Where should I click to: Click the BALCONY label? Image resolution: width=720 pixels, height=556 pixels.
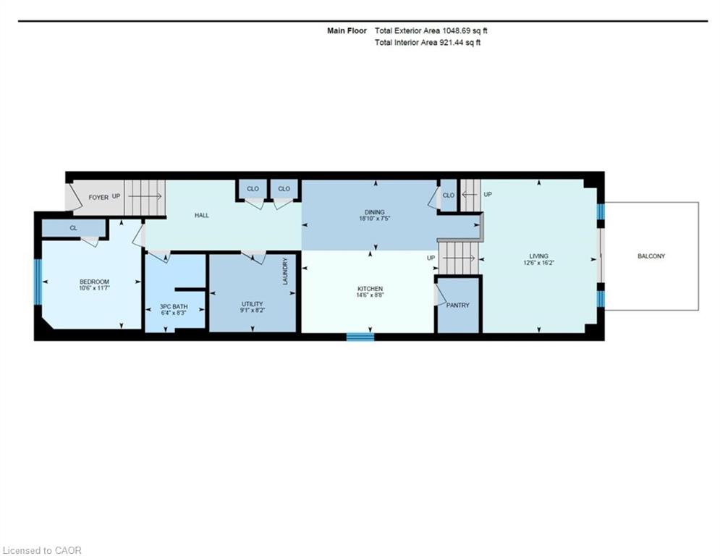point(651,256)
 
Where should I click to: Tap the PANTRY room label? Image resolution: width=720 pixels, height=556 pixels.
point(458,305)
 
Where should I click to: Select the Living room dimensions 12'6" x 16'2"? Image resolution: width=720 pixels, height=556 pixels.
point(538,264)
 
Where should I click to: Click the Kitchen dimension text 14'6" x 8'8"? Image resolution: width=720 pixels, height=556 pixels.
point(370,295)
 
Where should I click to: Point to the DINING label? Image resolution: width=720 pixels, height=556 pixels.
point(374,212)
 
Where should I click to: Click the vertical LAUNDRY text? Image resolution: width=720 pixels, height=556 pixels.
point(285,271)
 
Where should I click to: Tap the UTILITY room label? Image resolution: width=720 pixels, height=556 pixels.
point(252,304)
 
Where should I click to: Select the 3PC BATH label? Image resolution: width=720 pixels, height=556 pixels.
point(174,306)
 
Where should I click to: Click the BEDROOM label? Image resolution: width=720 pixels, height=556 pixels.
point(94,282)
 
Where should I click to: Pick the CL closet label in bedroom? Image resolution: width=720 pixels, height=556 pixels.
point(74,228)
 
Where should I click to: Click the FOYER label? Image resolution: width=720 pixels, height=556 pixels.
point(98,197)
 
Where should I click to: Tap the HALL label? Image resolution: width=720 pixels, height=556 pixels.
point(202,215)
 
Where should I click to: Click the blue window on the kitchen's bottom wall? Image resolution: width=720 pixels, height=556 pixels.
point(360,337)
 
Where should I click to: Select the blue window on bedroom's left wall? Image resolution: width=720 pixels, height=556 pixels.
point(38,282)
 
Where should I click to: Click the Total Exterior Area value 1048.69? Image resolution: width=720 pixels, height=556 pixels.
point(457,31)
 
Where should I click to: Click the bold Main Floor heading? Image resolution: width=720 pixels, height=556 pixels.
point(347,31)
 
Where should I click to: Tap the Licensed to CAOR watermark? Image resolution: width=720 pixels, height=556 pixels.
point(42,550)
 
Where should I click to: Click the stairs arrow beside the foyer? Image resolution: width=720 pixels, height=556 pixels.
point(145,197)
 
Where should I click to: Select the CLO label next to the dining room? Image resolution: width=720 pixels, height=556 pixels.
point(449,195)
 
